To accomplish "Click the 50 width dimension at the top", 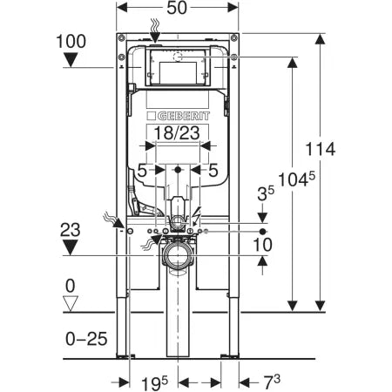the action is [177, 8].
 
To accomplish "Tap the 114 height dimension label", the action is [321, 149].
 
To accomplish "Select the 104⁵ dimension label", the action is [296, 179].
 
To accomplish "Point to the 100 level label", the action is [71, 41].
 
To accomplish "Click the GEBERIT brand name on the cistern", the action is [183, 117].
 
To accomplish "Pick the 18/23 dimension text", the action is [177, 133].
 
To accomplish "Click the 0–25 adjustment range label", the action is [86, 339].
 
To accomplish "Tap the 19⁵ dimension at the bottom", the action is [154, 383].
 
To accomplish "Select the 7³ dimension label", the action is [272, 382].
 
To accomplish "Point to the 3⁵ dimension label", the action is [266, 193].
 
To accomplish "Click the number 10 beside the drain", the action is [263, 245].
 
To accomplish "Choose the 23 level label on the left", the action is [71, 230].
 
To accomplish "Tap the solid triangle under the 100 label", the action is [71, 60].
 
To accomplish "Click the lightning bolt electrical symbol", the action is [197, 216].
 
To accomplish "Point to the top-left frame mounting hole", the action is [122, 37].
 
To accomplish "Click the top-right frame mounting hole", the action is [233, 37].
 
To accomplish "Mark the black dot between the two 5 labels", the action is [178, 170].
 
